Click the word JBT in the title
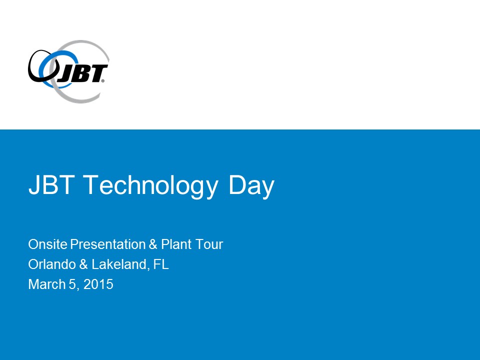[51, 184]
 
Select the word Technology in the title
[150, 186]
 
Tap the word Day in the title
[251, 186]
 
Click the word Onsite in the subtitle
[48, 244]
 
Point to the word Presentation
[108, 244]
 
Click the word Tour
[209, 244]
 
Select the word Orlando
[52, 264]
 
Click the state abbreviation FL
[161, 264]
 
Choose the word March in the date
[47, 284]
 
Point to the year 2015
[98, 284]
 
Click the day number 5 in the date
[72, 284]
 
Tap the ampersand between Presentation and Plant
[153, 244]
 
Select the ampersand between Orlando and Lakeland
[83, 264]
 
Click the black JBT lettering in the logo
[82, 74]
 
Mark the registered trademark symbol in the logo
[102, 81]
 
